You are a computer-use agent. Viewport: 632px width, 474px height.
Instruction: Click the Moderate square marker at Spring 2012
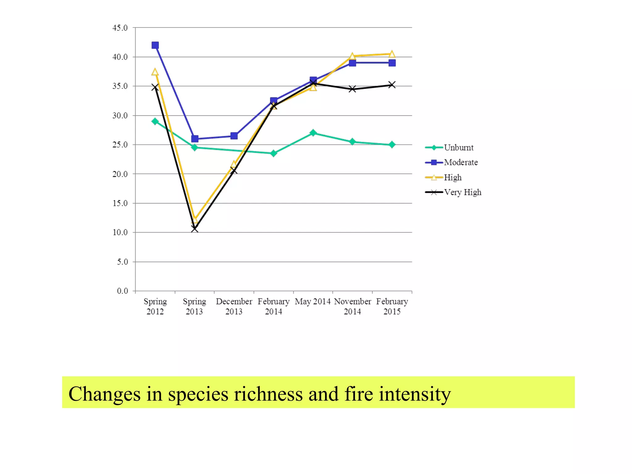pos(155,45)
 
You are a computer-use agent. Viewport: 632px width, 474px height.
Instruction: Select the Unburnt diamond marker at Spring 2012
pos(155,121)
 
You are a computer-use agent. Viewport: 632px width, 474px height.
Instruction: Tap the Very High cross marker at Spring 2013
pos(195,229)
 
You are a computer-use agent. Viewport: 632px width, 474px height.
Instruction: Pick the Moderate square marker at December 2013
pos(234,136)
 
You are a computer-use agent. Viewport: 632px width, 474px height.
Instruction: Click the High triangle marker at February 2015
pos(392,54)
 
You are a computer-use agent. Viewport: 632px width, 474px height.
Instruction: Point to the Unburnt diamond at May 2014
pos(313,133)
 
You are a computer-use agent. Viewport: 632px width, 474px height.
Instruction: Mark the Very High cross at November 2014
pos(352,89)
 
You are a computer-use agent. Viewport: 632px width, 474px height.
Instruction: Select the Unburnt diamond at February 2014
pos(273,153)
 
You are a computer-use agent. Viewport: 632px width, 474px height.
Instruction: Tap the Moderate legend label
pos(460,162)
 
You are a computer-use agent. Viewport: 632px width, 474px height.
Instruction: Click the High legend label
pos(452,177)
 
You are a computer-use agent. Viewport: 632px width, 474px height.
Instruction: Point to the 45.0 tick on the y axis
pos(120,28)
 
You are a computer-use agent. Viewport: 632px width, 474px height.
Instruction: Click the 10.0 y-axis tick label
pos(120,232)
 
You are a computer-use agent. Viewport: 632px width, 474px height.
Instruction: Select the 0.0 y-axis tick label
pos(122,291)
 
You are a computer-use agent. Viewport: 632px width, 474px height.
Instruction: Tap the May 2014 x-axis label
pos(312,301)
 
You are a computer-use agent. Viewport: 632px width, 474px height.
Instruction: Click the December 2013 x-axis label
pos(234,306)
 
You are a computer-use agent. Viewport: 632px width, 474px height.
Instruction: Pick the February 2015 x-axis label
pos(392,306)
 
